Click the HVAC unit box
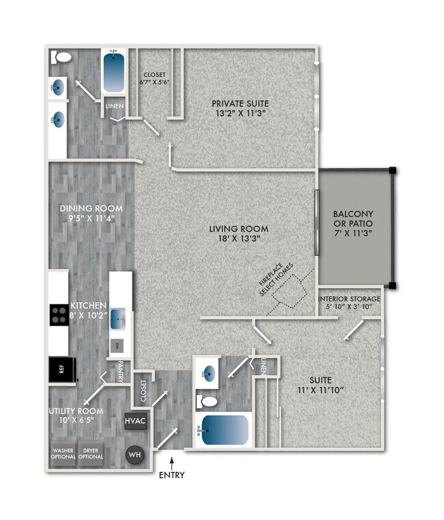click(x=135, y=422)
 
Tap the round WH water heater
click(x=135, y=454)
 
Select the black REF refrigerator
click(x=61, y=371)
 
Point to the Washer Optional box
click(x=63, y=453)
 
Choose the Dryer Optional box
click(x=90, y=453)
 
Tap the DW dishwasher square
click(x=117, y=346)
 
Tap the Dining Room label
click(x=91, y=214)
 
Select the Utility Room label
click(x=76, y=416)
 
